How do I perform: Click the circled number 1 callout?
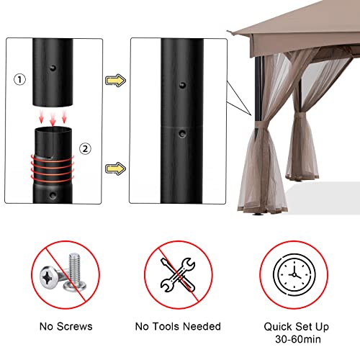coord(19,79)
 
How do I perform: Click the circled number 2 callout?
coord(85,149)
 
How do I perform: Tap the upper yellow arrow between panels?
coord(115,81)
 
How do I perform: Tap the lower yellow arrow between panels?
coord(115,168)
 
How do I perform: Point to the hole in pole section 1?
coord(53,68)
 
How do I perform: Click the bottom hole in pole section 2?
coord(53,195)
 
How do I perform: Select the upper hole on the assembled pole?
coord(183,85)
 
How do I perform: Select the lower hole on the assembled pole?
coord(182,133)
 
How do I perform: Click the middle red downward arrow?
coord(53,119)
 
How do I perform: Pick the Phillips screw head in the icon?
coord(50,277)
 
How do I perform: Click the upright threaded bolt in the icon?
coord(76,272)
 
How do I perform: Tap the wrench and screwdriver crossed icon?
coord(178,275)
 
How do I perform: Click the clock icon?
coord(294,275)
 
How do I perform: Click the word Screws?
coord(75,326)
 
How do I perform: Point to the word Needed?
coord(202,326)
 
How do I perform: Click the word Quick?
coord(278,327)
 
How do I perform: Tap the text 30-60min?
coord(298,339)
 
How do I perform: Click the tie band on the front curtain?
coord(262,125)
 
